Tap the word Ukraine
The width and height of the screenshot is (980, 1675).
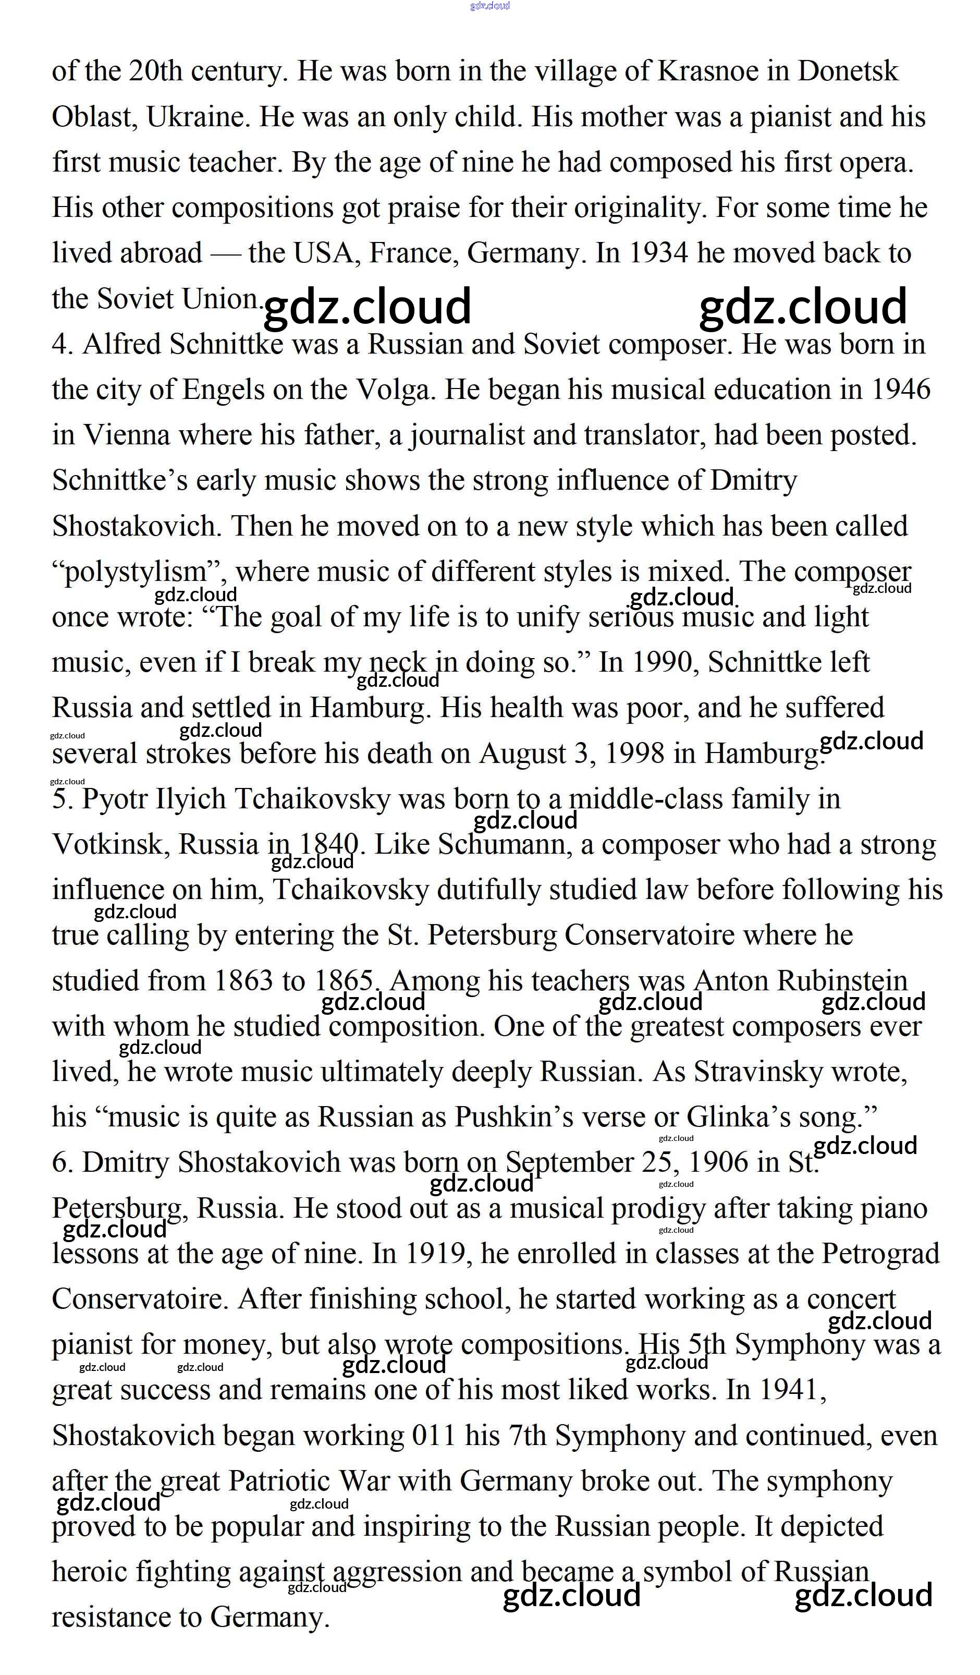pos(197,117)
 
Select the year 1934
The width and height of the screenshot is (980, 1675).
pos(658,253)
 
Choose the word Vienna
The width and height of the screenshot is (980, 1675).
pos(126,435)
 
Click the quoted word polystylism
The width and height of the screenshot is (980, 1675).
pos(136,572)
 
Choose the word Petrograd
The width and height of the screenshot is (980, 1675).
pos(880,1254)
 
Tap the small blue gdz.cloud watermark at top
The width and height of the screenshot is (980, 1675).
pos(489,6)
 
